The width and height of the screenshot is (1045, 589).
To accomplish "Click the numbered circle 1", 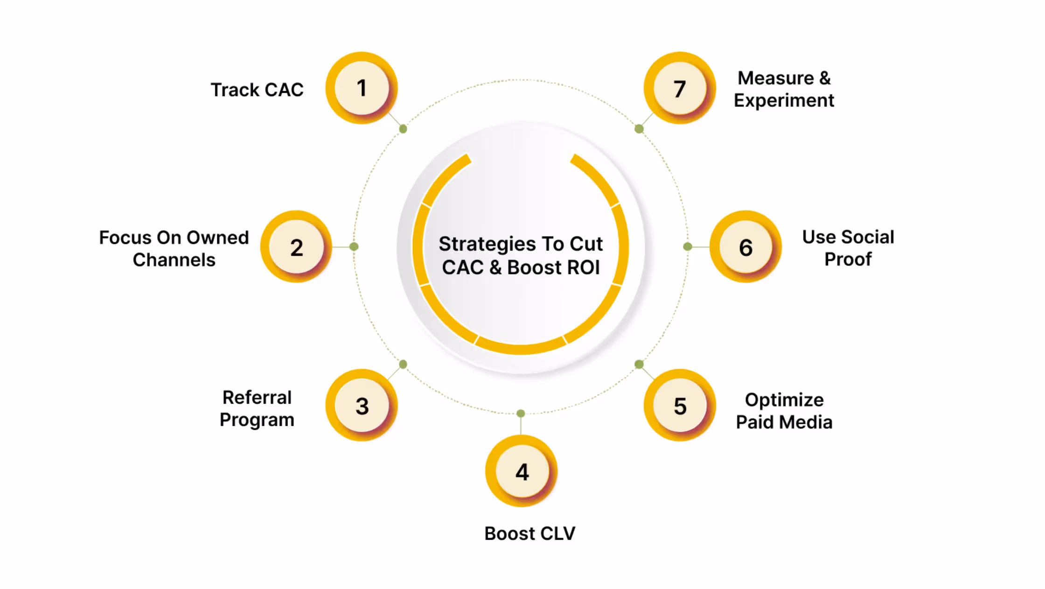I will pos(362,88).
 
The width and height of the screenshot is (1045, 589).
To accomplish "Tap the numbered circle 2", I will pos(296,246).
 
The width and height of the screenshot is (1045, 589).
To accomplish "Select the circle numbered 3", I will pos(362,405).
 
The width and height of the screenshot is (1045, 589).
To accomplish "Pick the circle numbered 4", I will pos(522,471).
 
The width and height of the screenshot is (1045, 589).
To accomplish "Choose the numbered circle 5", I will pos(680,405).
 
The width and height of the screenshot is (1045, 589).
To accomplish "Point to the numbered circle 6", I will pos(745,246).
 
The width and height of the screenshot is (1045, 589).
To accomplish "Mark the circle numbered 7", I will pos(680,88).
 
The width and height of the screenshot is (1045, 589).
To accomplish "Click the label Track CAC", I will pos(257,90).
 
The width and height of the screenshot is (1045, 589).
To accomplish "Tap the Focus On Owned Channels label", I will pos(174,248).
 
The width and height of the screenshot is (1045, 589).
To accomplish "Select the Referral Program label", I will pos(257,408).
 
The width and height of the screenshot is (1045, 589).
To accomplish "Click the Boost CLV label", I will pos(530,533).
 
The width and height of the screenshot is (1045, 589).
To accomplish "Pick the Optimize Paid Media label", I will pos(784,411).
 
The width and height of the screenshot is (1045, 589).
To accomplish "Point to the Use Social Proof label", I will pos(848,248).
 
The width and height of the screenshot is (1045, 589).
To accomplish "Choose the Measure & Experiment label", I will pos(784,89).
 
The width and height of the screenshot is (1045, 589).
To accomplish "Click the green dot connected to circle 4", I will pos(521,414).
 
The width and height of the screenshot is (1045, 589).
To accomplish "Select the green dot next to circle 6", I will pos(688,246).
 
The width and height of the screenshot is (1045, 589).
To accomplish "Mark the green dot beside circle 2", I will pos(354,246).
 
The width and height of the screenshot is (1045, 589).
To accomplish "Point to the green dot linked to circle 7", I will pos(639,129).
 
